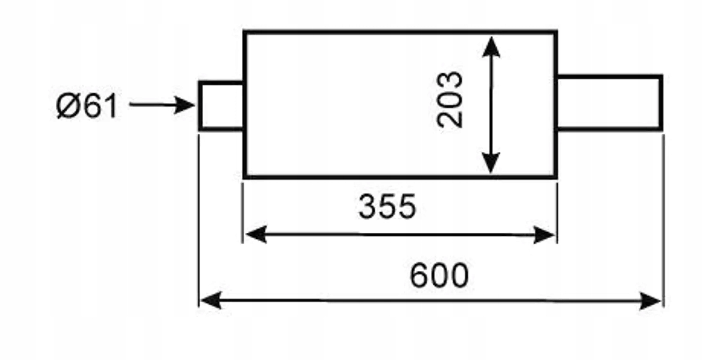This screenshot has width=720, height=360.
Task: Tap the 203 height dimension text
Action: coord(450,99)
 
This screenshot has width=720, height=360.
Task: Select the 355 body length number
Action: coord(387,207)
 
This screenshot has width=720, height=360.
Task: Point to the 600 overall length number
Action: coord(439,275)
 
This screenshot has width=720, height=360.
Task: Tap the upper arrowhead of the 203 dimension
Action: coord(491,47)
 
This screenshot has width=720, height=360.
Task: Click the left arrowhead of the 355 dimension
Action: coord(256,234)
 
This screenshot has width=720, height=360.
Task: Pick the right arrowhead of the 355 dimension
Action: coord(544,235)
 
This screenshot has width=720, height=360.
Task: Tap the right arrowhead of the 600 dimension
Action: coord(650,301)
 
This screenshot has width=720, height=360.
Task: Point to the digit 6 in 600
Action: coord(419,275)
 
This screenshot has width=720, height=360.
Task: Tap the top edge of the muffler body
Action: coord(400,32)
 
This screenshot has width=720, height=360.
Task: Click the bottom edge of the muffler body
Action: coord(400,177)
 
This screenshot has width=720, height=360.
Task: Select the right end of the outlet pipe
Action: coord(661,103)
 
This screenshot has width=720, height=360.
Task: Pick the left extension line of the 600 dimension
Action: coord(199,220)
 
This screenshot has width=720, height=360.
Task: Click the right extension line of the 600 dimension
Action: coord(664,220)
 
